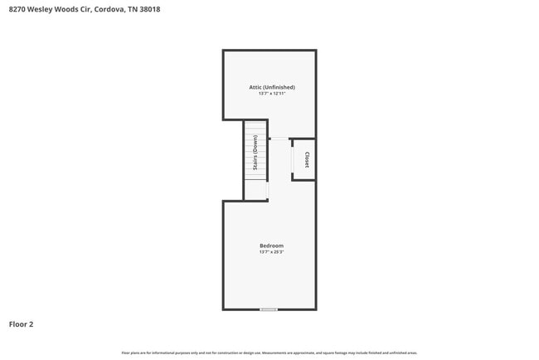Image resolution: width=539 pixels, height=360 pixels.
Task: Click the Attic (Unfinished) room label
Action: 272,87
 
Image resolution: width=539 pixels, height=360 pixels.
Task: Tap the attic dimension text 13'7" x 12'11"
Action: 272,94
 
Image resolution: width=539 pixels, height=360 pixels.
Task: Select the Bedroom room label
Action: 272,246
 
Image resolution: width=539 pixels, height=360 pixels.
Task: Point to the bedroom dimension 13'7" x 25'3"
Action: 272,252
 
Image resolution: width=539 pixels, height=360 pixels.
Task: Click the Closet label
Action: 307,159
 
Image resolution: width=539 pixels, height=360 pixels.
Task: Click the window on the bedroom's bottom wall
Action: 269,309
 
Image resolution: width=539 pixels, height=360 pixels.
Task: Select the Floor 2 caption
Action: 22,324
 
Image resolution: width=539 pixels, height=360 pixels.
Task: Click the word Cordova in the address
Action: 109,8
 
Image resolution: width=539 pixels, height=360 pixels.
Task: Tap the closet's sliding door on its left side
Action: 292,159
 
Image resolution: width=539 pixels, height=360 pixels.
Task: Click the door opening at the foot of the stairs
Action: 268,191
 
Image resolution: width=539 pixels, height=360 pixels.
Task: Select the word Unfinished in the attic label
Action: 280,87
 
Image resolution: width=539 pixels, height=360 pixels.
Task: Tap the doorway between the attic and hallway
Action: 279,139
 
